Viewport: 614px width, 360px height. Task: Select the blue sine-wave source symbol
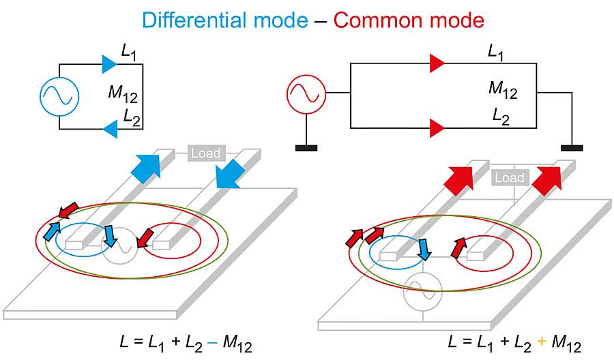59,96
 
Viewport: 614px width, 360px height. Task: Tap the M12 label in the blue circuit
123,93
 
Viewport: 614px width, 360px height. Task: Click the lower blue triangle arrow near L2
109,127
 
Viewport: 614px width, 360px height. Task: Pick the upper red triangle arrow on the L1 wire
437,64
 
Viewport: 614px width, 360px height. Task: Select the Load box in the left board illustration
205,153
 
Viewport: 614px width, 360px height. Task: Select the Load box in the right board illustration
509,179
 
